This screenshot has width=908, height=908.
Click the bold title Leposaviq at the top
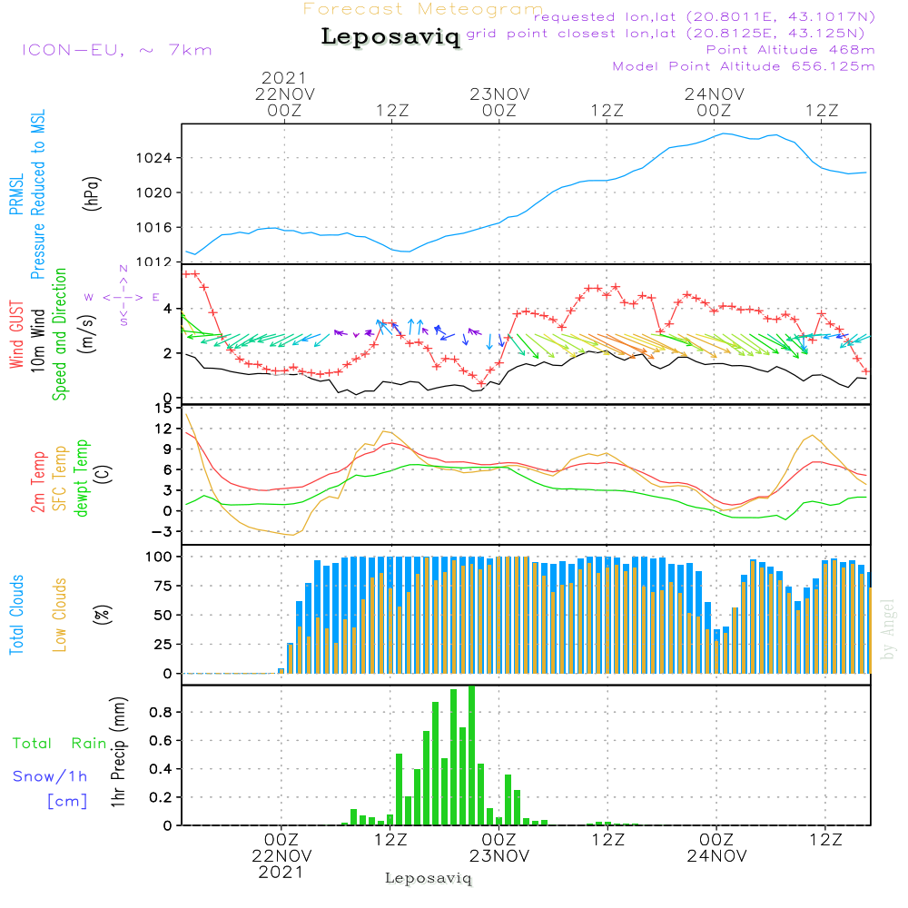click(390, 37)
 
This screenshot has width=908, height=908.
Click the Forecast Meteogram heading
click(423, 9)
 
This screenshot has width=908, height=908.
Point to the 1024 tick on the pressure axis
click(161, 158)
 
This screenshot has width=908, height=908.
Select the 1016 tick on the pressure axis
click(161, 227)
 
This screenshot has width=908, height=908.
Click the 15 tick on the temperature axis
click(164, 408)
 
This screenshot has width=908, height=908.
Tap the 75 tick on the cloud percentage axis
click(161, 586)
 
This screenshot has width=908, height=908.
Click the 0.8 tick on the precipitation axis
click(161, 712)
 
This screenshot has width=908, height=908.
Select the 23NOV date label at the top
click(499, 94)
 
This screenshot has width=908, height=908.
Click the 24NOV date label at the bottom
click(716, 856)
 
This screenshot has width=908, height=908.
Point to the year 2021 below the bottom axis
click(281, 872)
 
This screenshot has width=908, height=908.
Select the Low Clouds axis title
click(61, 614)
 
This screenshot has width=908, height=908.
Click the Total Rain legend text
click(59, 744)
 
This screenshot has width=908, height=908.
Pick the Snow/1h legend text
click(51, 776)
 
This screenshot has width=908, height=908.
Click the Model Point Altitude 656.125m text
click(744, 66)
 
